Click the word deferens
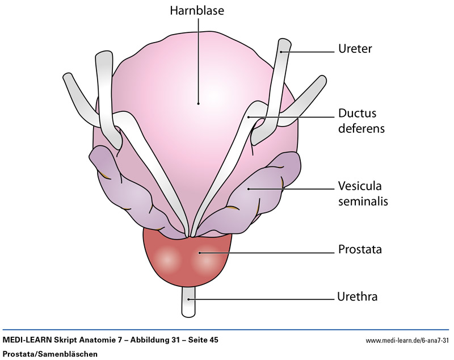click(361, 128)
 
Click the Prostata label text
click(360, 249)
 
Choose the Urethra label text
click(358, 296)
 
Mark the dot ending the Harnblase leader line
click(198, 103)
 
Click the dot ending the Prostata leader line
click(199, 252)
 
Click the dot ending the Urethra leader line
click(190, 298)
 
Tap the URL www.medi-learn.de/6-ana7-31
click(407, 341)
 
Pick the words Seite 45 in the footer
click(201, 340)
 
